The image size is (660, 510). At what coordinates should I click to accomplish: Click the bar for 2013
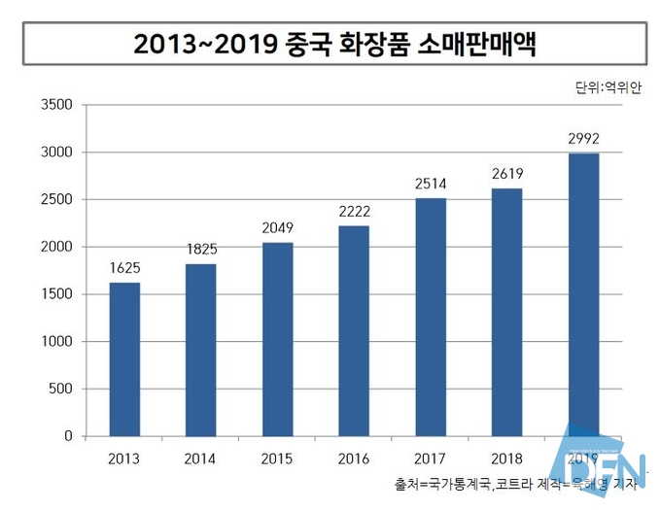tap(124, 359)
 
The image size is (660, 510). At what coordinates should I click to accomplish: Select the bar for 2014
tap(201, 350)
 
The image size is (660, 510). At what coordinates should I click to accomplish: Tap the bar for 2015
tap(277, 339)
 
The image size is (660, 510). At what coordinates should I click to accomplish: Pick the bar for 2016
tap(354, 330)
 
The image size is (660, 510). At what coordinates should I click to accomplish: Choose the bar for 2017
tap(431, 317)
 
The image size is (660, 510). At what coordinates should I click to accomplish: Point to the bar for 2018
tap(506, 312)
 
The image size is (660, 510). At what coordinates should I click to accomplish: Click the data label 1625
tap(124, 267)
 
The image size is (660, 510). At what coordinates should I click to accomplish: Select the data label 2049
tap(277, 227)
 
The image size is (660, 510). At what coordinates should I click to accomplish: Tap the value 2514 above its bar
tap(431, 183)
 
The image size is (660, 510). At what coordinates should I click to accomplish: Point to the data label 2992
tap(583, 138)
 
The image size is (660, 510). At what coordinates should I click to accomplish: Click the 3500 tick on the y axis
tap(55, 105)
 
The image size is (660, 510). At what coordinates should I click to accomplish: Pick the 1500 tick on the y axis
tap(55, 294)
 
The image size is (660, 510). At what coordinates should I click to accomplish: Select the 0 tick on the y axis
tap(68, 436)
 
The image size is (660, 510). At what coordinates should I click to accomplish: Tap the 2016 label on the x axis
tap(354, 458)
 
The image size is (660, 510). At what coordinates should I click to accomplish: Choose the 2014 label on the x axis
tap(201, 458)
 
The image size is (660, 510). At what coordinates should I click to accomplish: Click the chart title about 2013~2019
tap(333, 44)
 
